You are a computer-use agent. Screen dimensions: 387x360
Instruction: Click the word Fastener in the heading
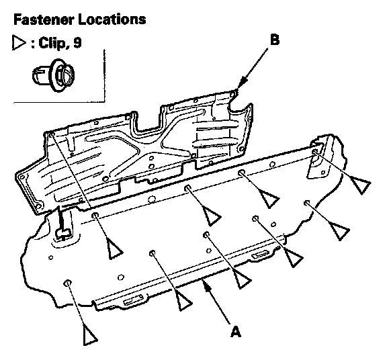[x=44, y=19]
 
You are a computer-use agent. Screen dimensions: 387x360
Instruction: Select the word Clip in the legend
[x=51, y=44]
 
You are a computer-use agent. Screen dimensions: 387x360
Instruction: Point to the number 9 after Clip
[x=77, y=43]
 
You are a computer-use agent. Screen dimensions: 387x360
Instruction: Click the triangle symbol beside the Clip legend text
[x=19, y=43]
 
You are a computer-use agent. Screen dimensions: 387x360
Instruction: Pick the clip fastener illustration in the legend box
[x=53, y=75]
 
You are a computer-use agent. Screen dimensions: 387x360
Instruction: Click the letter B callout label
[x=275, y=40]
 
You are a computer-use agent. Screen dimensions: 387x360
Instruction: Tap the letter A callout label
[x=235, y=331]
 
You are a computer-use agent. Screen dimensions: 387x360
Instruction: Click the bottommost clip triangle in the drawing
[x=89, y=335]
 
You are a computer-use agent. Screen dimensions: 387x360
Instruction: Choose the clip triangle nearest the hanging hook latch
[x=114, y=250]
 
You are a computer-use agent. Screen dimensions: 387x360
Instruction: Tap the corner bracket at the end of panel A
[x=320, y=156]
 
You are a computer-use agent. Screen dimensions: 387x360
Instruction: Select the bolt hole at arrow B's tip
[x=232, y=93]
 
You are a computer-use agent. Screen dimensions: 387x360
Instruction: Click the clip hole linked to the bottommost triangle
[x=68, y=283]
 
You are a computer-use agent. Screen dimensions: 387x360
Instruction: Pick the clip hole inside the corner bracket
[x=315, y=152]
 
